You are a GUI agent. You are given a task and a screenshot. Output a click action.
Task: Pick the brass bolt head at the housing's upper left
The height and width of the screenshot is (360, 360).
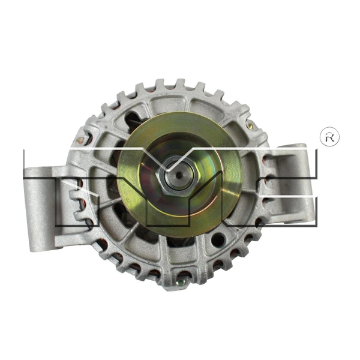(x=88, y=139)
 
